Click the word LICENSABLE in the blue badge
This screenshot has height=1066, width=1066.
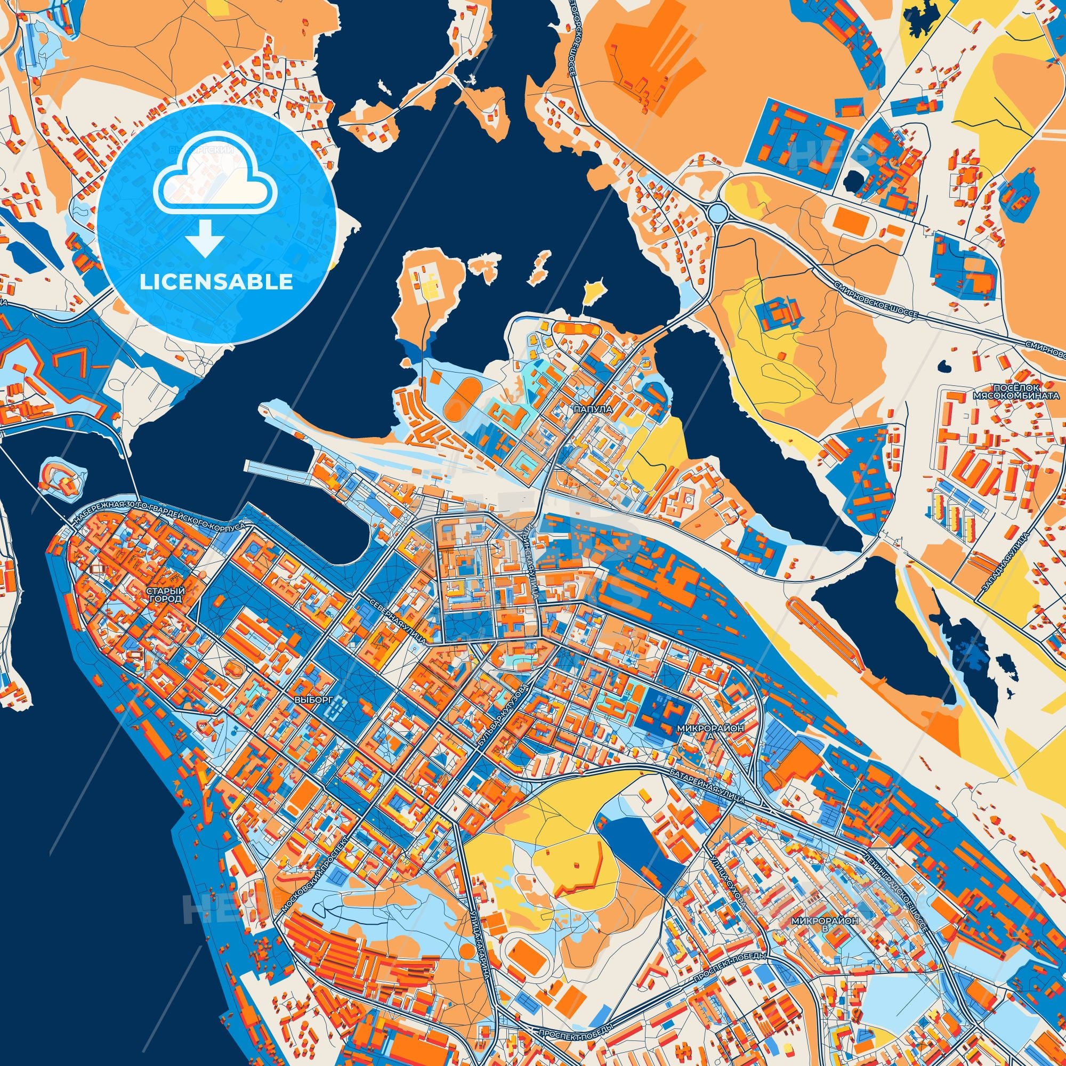tap(216, 282)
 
